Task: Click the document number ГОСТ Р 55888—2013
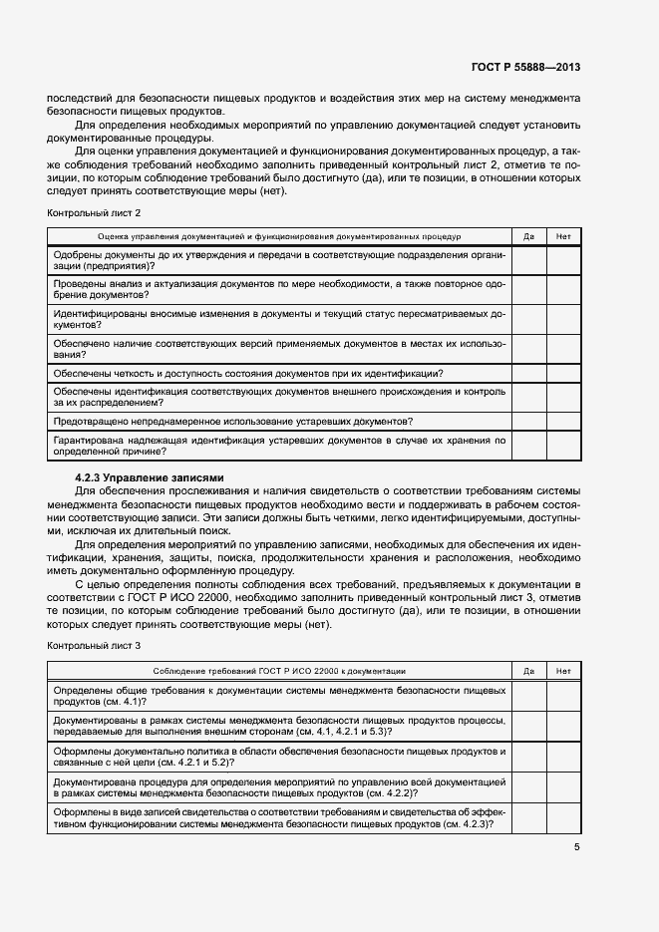click(525, 68)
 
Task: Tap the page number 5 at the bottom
click(577, 847)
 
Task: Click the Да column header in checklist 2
click(528, 237)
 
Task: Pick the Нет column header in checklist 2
click(562, 237)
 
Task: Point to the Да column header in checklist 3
click(528, 670)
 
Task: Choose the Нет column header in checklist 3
click(562, 670)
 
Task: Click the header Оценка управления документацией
click(279, 237)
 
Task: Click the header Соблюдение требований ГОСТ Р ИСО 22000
click(279, 670)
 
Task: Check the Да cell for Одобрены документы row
click(528, 260)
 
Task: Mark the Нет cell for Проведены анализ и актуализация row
click(562, 289)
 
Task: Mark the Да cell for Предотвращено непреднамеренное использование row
click(528, 422)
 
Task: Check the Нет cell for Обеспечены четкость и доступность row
click(562, 373)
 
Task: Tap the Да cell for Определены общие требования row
click(528, 695)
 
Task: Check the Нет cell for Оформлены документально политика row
click(562, 757)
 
